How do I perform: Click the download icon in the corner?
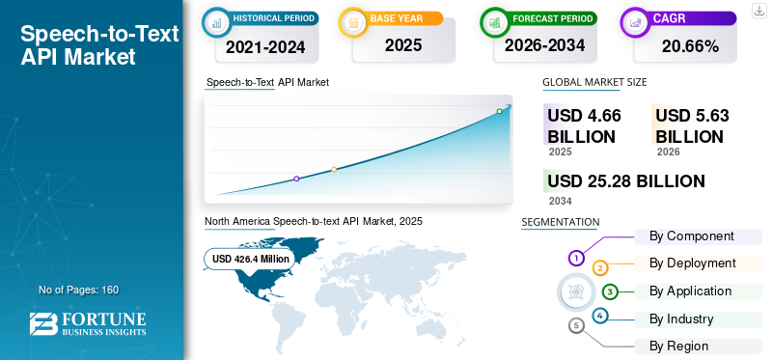pos(759,11)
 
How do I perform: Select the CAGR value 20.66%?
pos(690,45)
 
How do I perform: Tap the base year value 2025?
pos(403,45)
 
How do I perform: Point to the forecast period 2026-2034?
pos(544,45)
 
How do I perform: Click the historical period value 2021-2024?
pos(265,46)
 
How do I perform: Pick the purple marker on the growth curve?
pos(296,179)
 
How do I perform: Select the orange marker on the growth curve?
pos(334,170)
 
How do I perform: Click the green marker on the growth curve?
pos(499,111)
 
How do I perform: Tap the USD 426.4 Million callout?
pos(250,259)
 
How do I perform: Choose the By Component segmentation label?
pos(691,236)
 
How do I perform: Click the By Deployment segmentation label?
pos(692,263)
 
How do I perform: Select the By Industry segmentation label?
pos(681,319)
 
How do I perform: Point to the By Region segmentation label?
pos(678,346)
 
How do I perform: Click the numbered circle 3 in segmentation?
pos(610,292)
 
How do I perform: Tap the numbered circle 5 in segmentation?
pos(576,325)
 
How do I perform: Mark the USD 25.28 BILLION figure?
pos(626,181)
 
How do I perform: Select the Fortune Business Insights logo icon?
pos(43,324)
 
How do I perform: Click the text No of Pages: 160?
pos(79,290)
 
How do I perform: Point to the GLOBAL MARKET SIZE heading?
pos(594,82)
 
